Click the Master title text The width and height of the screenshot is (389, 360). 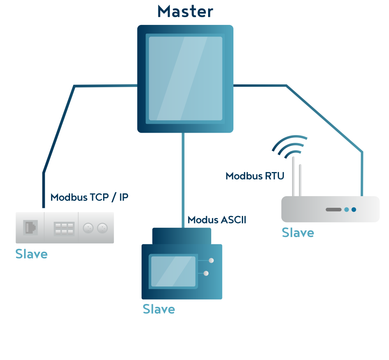[185, 11]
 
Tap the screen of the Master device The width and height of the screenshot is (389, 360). [186, 78]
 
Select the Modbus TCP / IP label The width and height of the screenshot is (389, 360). [89, 197]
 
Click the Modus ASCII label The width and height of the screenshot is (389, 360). [217, 220]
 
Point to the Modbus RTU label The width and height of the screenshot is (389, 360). [255, 176]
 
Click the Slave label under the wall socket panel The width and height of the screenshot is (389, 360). [32, 254]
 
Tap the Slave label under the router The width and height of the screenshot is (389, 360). [298, 233]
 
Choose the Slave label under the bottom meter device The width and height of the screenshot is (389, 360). [159, 309]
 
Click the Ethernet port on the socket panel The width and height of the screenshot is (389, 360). [30, 227]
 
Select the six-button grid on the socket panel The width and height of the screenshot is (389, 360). [64, 228]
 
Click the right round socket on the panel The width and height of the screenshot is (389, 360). [102, 228]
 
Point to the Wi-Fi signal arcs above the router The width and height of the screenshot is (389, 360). [290, 146]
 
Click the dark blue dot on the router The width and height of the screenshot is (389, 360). [354, 209]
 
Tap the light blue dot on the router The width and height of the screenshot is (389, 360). [346, 209]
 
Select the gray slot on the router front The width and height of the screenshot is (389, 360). [333, 209]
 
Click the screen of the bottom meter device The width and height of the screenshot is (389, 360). [173, 272]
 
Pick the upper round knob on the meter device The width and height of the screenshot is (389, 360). [211, 260]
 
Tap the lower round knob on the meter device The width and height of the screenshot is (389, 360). [206, 273]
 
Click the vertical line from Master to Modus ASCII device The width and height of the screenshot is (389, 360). [182, 179]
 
